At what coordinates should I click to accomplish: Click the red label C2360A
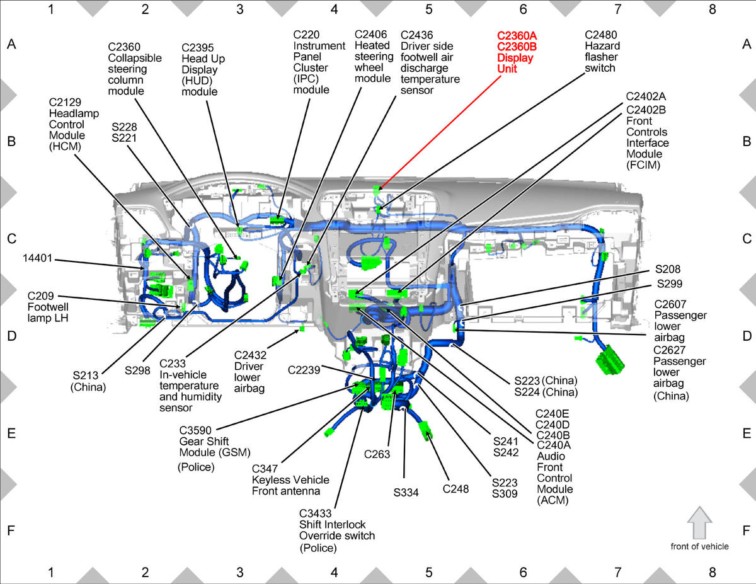point(517,35)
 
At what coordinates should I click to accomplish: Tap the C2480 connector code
point(601,35)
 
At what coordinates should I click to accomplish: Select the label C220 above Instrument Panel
point(306,35)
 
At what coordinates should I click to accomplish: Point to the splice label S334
point(406,493)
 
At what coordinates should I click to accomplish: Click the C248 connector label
point(455,489)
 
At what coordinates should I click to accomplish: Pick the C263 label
point(377,454)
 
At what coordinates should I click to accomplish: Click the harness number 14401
point(37,258)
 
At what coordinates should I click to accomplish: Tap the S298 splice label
point(137,370)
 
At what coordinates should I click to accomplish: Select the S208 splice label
point(668,269)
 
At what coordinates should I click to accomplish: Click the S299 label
point(669,283)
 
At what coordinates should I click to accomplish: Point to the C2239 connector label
point(304,370)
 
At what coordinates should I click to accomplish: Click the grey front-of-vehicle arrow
point(699,523)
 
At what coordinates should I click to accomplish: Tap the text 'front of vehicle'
point(699,546)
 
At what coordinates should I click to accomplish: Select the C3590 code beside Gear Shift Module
point(195,430)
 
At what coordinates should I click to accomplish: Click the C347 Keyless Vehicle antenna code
point(265,469)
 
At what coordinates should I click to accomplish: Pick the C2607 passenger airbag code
point(670,304)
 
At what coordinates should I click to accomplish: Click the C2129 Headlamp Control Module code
point(65,102)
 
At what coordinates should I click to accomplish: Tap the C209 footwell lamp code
point(41,296)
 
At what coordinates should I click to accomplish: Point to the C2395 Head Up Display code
point(198,48)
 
